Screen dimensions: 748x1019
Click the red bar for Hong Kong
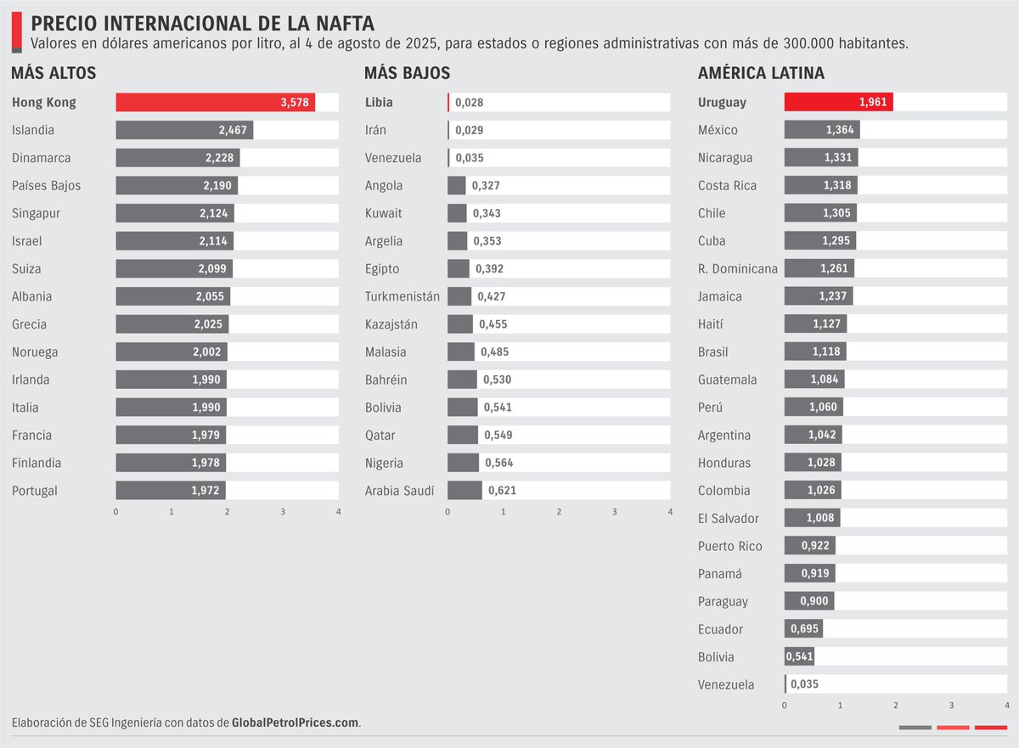click(x=215, y=103)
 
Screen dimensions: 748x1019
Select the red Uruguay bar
click(x=838, y=103)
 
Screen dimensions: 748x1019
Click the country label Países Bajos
click(x=47, y=186)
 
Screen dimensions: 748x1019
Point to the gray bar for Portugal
click(x=170, y=491)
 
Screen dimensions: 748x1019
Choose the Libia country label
click(x=379, y=103)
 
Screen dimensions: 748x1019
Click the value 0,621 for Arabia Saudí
click(x=502, y=491)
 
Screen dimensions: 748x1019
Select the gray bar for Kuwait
click(x=457, y=213)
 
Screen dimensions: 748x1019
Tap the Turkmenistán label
click(x=403, y=296)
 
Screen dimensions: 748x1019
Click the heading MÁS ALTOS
click(x=53, y=74)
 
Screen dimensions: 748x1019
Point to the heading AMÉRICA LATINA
click(x=760, y=74)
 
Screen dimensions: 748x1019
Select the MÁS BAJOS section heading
click(x=407, y=74)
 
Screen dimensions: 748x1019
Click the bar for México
click(x=821, y=131)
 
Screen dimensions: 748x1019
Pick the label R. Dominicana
click(x=737, y=269)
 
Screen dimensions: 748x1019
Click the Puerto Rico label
click(x=729, y=546)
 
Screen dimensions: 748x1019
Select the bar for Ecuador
click(x=803, y=629)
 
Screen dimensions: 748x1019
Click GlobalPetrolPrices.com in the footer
click(x=296, y=723)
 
